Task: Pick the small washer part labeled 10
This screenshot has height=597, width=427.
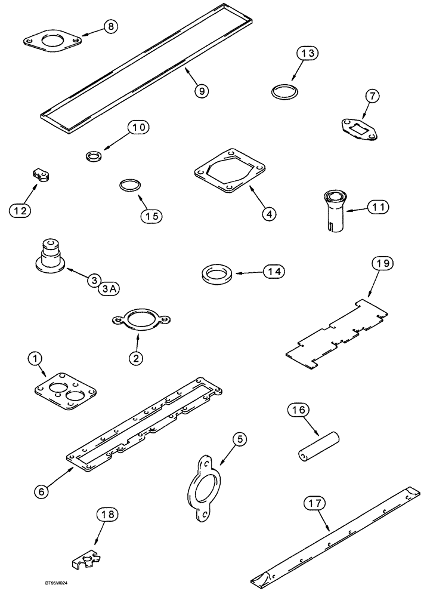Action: pyautogui.click(x=94, y=157)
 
